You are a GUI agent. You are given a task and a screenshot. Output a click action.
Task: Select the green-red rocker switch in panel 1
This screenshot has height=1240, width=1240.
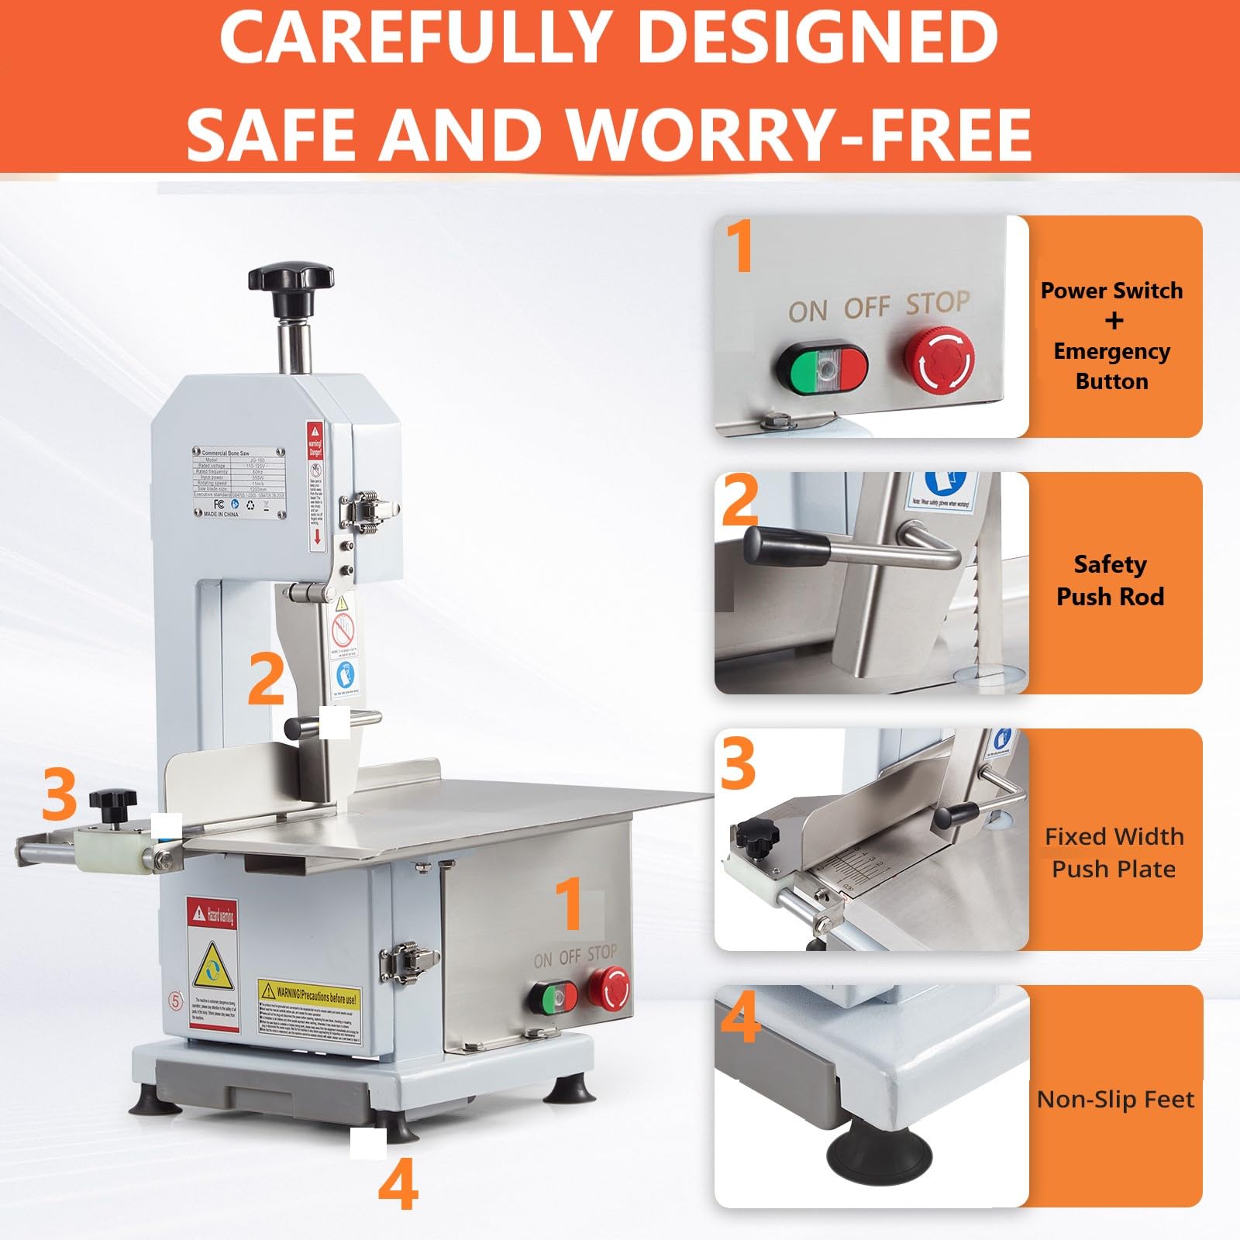point(823,367)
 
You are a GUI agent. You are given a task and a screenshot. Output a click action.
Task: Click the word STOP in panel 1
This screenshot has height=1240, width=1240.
point(938,303)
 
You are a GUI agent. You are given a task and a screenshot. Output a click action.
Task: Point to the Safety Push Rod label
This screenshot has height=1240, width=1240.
point(1110,580)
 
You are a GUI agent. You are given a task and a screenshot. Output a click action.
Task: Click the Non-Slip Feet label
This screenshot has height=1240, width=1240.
point(1115,1099)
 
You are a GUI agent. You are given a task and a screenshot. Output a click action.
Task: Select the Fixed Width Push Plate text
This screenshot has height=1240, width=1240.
point(1114,852)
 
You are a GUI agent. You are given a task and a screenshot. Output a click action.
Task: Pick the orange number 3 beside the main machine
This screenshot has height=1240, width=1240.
point(59,794)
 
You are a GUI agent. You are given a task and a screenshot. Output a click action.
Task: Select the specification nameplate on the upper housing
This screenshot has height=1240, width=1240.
point(238,480)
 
